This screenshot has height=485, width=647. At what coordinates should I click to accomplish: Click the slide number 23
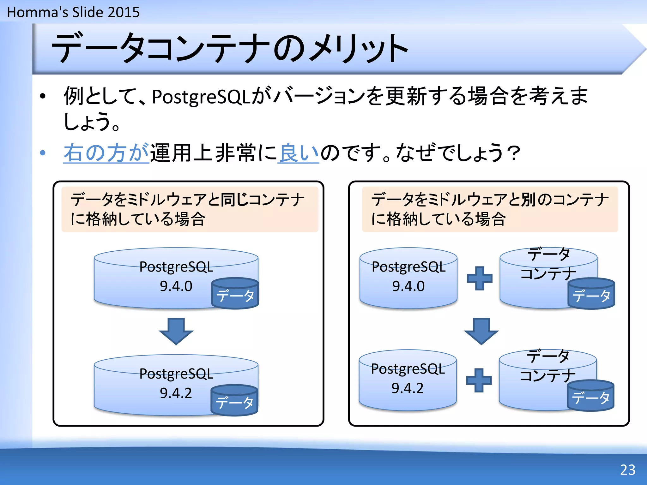pyautogui.click(x=627, y=470)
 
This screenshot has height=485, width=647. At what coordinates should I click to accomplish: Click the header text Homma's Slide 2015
pyautogui.click(x=73, y=12)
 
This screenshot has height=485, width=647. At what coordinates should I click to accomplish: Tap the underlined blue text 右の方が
pyautogui.click(x=106, y=153)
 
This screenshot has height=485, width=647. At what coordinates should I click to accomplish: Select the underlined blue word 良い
pyautogui.click(x=299, y=153)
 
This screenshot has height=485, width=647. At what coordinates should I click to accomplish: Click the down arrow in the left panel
pyautogui.click(x=176, y=331)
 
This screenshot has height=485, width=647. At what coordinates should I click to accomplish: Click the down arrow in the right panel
pyautogui.click(x=481, y=331)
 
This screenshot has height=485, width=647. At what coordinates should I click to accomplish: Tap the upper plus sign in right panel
pyautogui.click(x=480, y=278)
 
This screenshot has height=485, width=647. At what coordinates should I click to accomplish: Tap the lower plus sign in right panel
pyautogui.click(x=479, y=380)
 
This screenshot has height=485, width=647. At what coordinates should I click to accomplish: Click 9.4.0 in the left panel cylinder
pyautogui.click(x=176, y=286)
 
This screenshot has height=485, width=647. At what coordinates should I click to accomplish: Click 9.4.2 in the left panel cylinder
pyautogui.click(x=176, y=393)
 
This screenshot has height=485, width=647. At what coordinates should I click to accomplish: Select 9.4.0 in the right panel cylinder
pyautogui.click(x=408, y=286)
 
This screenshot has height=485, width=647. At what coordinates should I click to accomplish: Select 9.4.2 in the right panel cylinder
pyautogui.click(x=408, y=388)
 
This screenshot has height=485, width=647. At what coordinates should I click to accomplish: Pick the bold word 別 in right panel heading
pyautogui.click(x=528, y=200)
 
